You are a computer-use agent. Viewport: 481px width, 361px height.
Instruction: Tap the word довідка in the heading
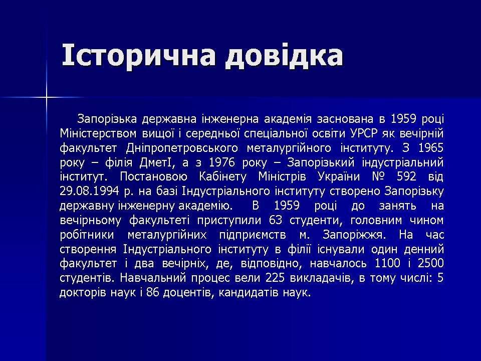click(284, 55)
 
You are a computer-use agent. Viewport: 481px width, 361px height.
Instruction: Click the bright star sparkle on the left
click(47, 98)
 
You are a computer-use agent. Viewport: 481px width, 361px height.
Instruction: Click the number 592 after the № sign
click(406, 177)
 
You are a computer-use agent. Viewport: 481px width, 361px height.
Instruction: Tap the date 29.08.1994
click(89, 191)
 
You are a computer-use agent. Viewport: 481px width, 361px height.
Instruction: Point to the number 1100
click(387, 263)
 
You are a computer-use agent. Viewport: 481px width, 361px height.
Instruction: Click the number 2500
click(431, 263)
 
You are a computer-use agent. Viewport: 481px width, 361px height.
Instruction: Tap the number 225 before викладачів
click(275, 278)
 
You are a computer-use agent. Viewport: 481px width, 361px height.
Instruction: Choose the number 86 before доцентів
click(152, 292)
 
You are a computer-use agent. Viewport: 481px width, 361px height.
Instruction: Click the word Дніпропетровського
click(182, 148)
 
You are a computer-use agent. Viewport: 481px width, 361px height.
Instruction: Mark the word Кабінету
click(222, 177)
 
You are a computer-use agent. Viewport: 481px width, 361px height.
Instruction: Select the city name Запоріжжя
click(355, 235)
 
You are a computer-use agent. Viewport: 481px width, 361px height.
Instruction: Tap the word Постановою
click(153, 177)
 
